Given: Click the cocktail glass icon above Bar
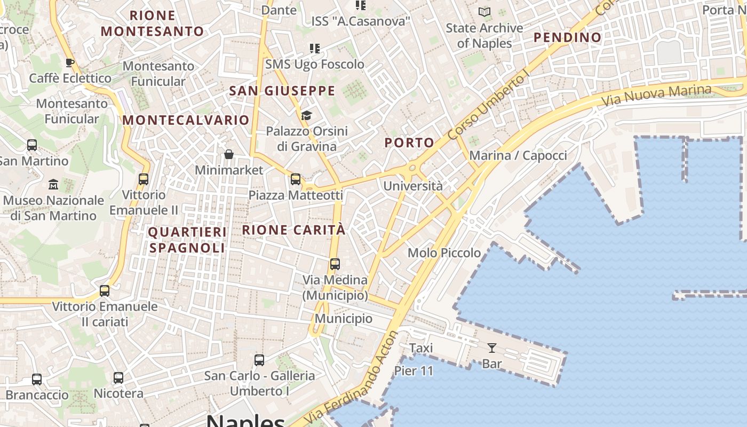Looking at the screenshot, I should pyautogui.click(x=491, y=348).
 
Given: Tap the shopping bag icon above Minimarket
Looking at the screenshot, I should pyautogui.click(x=229, y=154).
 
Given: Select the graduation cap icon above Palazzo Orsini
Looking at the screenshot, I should pyautogui.click(x=306, y=115).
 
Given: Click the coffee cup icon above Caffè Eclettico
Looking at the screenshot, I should pyautogui.click(x=70, y=62).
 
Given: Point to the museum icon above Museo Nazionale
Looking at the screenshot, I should pyautogui.click(x=53, y=185).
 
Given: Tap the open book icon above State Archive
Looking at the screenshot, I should pyautogui.click(x=484, y=12).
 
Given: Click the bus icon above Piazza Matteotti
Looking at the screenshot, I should pyautogui.click(x=296, y=179).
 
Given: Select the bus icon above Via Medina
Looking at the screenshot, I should pyautogui.click(x=335, y=264).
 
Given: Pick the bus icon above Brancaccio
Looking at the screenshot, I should pyautogui.click(x=37, y=379).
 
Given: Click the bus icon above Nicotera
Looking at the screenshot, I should pyautogui.click(x=118, y=378).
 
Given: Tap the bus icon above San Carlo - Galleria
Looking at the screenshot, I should pyautogui.click(x=259, y=360).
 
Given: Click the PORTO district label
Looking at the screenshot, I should pyautogui.click(x=409, y=143).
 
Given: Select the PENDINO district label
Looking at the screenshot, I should pyautogui.click(x=567, y=37).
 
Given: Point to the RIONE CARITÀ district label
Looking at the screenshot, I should pyautogui.click(x=294, y=230).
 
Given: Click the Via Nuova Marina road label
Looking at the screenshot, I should pyautogui.click(x=656, y=95).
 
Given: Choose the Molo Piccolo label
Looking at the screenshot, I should pyautogui.click(x=444, y=252).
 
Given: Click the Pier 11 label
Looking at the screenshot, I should pyautogui.click(x=414, y=370).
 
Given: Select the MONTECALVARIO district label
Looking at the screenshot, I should pyautogui.click(x=186, y=120).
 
